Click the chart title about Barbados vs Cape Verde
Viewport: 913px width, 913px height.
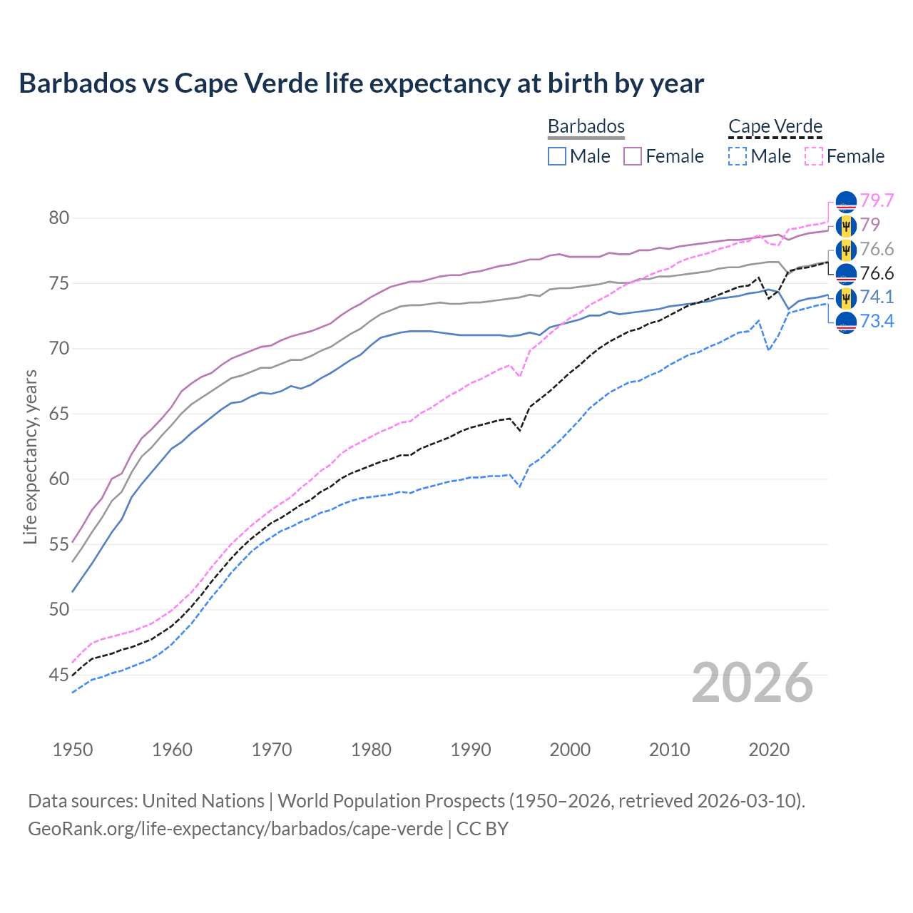pos(361,83)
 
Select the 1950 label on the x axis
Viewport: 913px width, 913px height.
pos(73,750)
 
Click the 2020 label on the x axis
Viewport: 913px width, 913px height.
pos(769,750)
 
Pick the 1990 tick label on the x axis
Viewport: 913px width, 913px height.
pos(471,750)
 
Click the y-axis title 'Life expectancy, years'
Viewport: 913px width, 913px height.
pos(30,456)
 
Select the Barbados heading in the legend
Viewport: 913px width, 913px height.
pos(586,126)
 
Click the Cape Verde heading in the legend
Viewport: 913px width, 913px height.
pos(775,126)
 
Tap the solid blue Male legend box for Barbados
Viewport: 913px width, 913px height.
pos(557,156)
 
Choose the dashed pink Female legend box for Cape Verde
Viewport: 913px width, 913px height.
pos(814,156)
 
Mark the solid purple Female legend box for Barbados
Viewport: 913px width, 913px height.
pos(633,156)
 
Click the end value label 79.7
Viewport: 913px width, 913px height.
pos(877,200)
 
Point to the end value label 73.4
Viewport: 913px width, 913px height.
pos(877,322)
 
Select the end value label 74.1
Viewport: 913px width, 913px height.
pos(877,297)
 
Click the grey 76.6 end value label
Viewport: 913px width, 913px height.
pos(877,249)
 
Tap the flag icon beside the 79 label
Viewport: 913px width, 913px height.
pos(845,226)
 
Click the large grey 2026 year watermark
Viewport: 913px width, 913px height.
pos(753,683)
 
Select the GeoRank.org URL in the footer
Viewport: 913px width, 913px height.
pos(235,829)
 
